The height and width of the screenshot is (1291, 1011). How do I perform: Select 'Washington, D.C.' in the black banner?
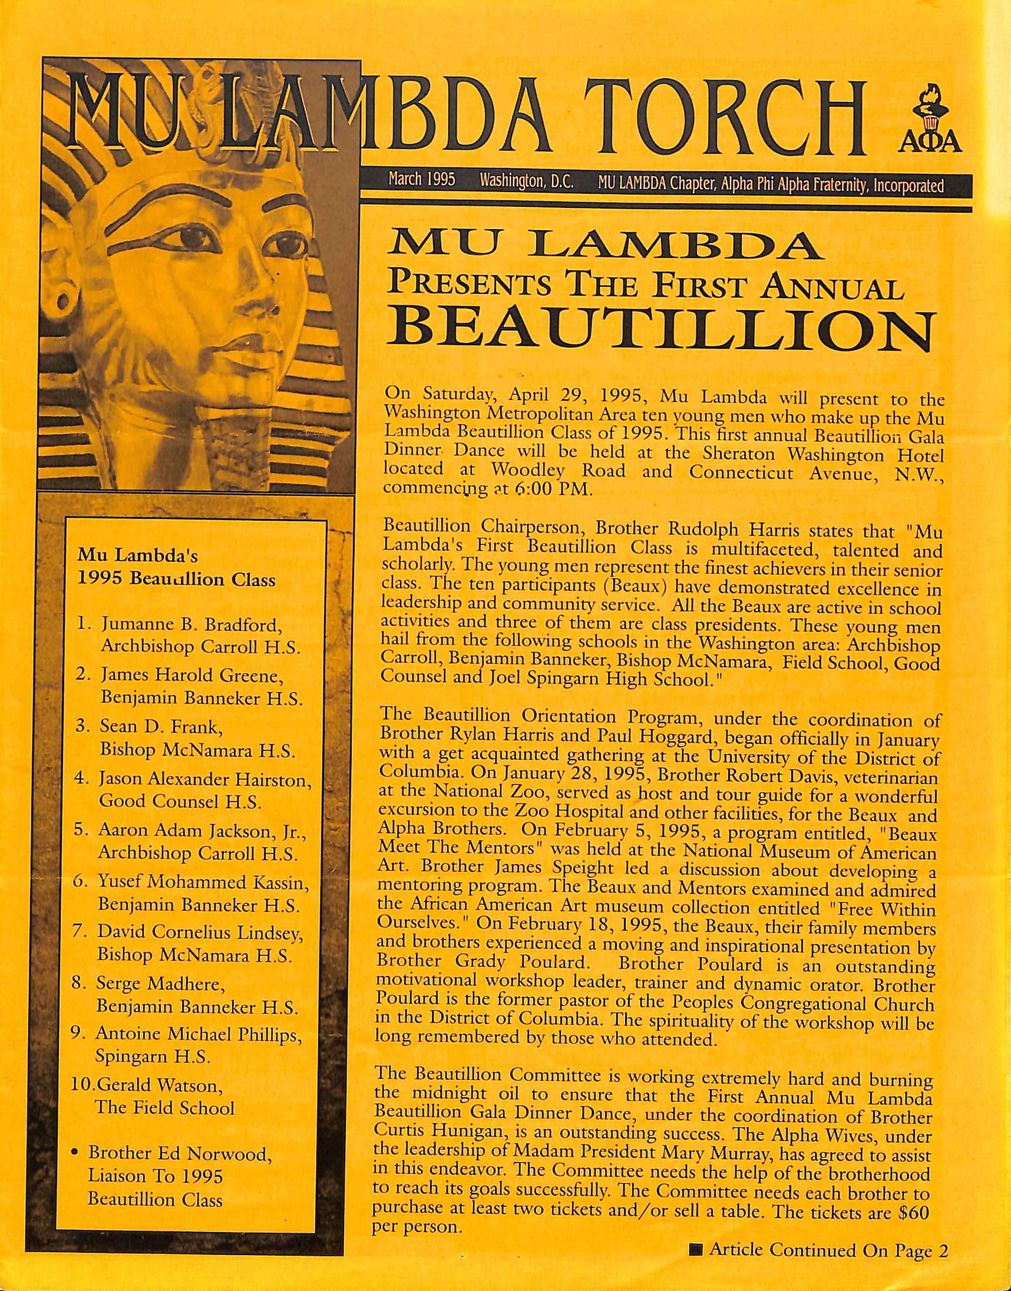[527, 180]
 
